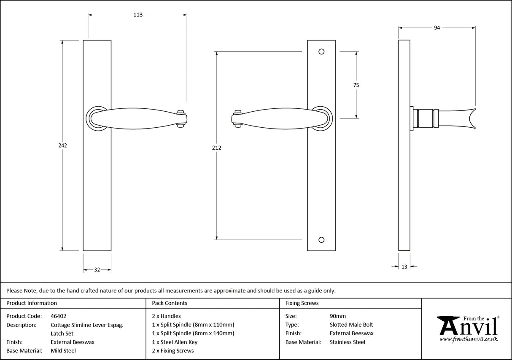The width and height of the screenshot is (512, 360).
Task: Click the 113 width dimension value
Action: (x=138, y=15)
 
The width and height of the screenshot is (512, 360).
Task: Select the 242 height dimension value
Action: (x=62, y=145)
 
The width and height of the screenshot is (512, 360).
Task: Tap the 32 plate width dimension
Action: (x=97, y=270)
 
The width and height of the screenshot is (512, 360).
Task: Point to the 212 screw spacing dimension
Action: (x=217, y=148)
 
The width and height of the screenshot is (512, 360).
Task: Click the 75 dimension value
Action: (x=356, y=85)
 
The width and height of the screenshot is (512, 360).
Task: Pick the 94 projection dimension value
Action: (x=437, y=28)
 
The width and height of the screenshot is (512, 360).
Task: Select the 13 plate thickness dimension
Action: (x=404, y=266)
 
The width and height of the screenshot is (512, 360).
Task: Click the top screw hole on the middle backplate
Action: (x=321, y=51)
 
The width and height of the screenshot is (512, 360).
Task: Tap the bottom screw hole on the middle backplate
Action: (x=321, y=240)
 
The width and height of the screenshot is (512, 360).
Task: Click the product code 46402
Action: (x=58, y=316)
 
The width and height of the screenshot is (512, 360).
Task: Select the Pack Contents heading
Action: (x=170, y=303)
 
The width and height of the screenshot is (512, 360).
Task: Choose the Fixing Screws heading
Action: (x=302, y=303)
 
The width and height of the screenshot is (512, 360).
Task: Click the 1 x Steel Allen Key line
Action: (x=175, y=342)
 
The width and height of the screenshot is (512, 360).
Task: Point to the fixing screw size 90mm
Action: (x=337, y=316)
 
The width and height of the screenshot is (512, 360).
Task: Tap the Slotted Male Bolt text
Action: (x=351, y=325)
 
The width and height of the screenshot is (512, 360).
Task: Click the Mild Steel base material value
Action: (x=63, y=351)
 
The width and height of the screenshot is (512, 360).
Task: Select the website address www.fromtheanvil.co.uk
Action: (x=469, y=339)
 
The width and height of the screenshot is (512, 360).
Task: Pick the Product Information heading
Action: (x=32, y=303)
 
